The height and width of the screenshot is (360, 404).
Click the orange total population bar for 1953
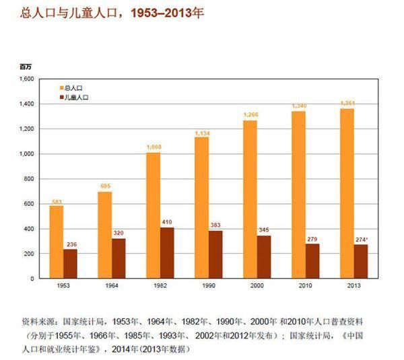point(56,242)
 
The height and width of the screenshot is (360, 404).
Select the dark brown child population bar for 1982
point(167,252)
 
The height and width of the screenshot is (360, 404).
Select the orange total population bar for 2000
point(250,199)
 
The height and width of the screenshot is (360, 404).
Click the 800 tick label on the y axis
point(29,179)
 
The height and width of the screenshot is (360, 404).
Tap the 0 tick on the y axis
point(32,278)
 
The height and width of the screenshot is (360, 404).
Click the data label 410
point(168,221)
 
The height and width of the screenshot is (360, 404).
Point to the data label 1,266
point(250,115)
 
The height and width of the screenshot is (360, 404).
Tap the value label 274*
point(362,238)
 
